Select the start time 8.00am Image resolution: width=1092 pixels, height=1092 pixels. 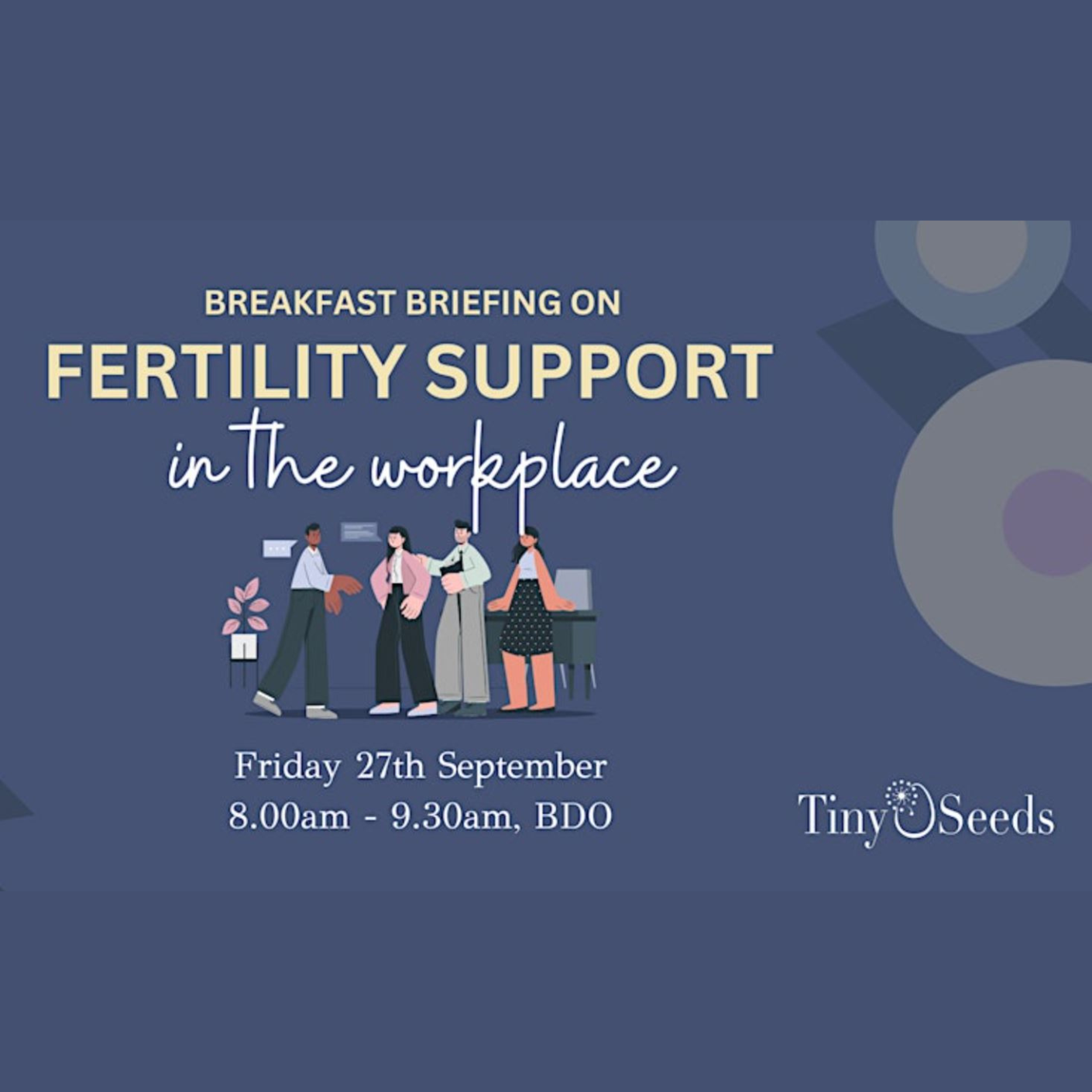point(289,817)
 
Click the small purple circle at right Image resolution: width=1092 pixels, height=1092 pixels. point(1047,523)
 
